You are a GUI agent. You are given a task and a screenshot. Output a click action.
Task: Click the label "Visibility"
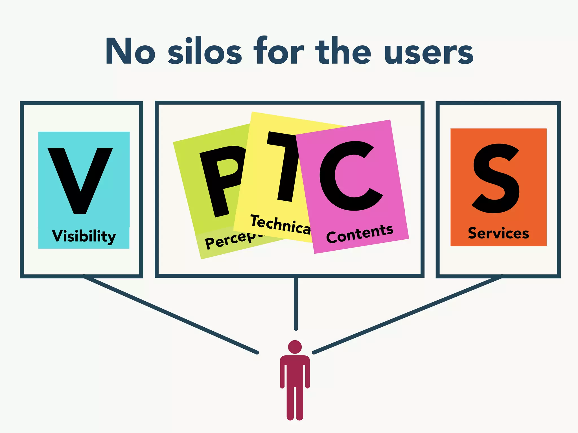(x=84, y=236)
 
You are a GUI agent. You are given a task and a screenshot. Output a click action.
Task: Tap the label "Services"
(x=498, y=233)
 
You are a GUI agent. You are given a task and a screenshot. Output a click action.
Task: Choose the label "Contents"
(x=360, y=234)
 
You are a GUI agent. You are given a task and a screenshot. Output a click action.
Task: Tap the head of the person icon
(x=295, y=347)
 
